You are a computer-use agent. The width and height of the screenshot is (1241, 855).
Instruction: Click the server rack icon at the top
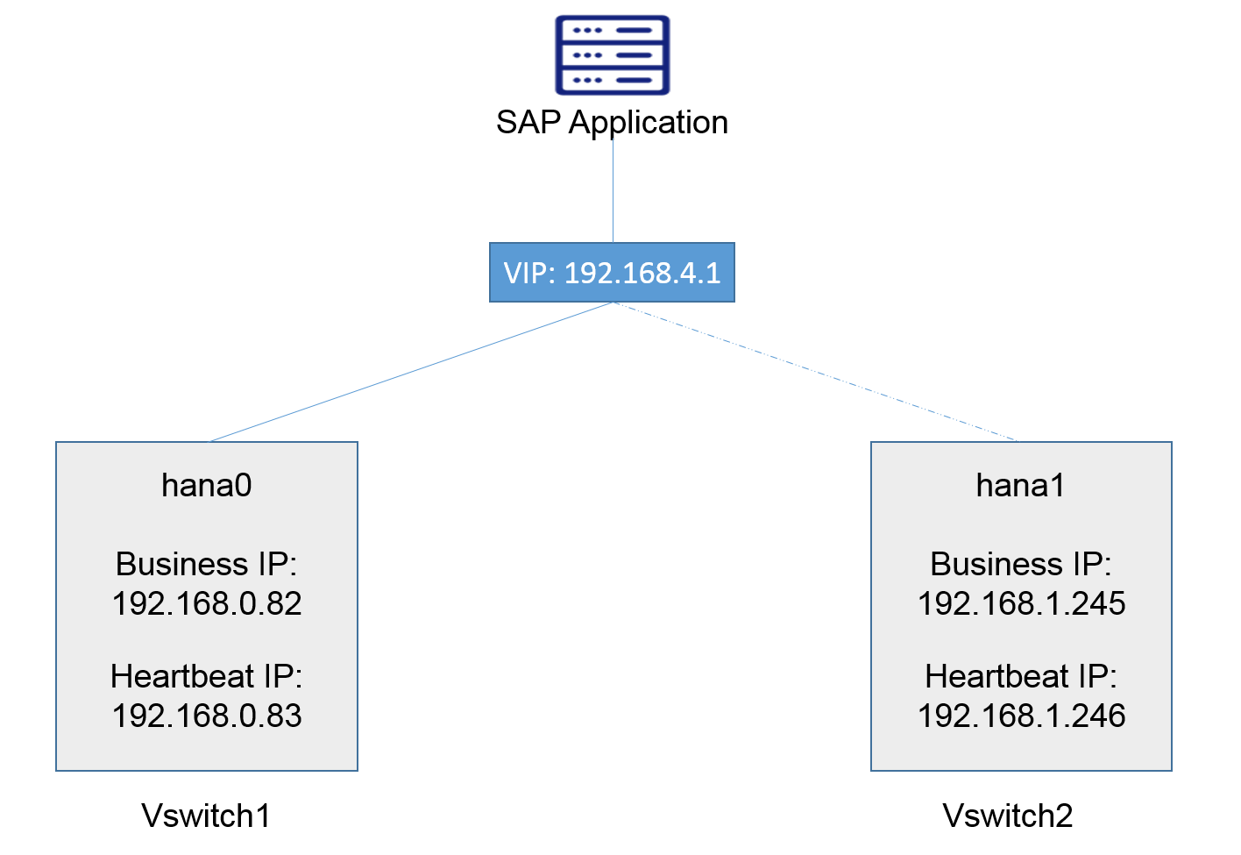[612, 54]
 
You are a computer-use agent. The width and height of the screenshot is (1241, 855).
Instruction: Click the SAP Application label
[612, 122]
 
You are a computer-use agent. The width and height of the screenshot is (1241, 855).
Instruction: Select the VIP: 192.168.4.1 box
[612, 273]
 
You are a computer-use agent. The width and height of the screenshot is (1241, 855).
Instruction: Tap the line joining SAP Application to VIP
[613, 189]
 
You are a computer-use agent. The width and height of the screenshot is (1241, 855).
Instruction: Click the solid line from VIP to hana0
[410, 372]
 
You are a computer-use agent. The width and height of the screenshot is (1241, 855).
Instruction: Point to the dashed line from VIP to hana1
[815, 372]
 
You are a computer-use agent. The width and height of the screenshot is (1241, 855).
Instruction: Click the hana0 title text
[207, 485]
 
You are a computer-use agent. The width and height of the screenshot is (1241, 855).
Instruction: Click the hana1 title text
[1021, 485]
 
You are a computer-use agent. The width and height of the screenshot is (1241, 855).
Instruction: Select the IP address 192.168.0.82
[207, 603]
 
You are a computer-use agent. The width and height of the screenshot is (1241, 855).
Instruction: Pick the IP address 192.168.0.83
[207, 716]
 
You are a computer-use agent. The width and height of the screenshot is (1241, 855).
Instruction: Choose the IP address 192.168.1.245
[1021, 603]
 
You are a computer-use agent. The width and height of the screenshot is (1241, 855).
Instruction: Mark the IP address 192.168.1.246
[1021, 716]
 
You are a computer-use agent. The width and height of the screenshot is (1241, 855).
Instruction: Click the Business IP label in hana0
[207, 564]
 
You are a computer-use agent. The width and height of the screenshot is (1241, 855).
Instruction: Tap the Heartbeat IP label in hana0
[207, 676]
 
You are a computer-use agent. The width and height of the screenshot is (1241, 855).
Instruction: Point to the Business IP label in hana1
[1021, 564]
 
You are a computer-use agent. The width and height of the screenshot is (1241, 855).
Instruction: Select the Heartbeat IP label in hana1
[1021, 676]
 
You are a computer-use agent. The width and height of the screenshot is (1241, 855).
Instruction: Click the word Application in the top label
[649, 122]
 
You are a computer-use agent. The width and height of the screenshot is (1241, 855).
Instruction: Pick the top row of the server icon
[612, 31]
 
